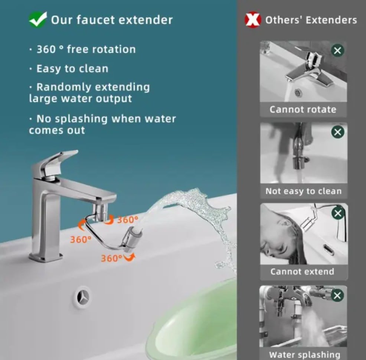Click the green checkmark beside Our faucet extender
click(37, 20)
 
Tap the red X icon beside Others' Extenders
click(253, 20)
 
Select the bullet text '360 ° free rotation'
click(86, 49)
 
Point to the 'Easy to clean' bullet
click(72, 69)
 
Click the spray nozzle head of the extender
click(132, 236)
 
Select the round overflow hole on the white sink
click(81, 297)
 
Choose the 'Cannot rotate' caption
click(303, 110)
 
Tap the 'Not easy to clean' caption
click(303, 191)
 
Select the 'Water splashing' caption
click(304, 354)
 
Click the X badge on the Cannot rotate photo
click(337, 51)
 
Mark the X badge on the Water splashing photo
click(337, 296)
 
